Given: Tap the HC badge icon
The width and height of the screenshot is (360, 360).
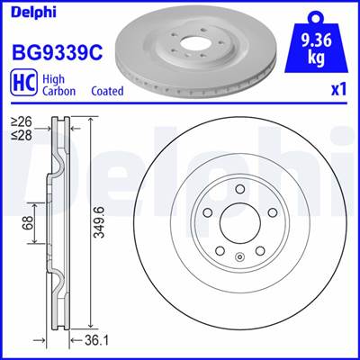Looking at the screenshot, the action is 24,82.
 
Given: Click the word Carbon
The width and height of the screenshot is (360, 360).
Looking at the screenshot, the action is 58,91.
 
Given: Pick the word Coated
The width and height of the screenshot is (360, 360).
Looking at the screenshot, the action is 107,91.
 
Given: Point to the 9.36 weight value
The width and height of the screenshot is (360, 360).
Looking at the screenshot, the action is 316,40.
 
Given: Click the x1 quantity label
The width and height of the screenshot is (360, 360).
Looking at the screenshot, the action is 338,90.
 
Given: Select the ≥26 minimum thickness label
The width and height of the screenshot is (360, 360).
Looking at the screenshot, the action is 22,121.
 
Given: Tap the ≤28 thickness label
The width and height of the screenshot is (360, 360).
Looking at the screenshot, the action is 22,135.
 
